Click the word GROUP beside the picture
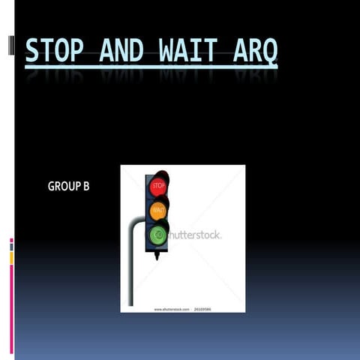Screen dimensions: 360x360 pyautogui.click(x=63, y=186)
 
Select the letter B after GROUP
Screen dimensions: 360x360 pyautogui.click(x=85, y=186)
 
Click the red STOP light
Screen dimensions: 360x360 pyautogui.click(x=158, y=185)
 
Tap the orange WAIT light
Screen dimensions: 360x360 pyautogui.click(x=158, y=210)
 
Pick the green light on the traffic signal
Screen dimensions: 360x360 pyautogui.click(x=158, y=235)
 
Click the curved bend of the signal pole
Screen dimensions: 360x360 pyautogui.click(x=133, y=223)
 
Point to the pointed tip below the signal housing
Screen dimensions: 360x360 pyautogui.click(x=157, y=257)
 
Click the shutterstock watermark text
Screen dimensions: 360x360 pyautogui.click(x=193, y=235)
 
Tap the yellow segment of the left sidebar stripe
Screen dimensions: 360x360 pyautogui.click(x=11, y=257)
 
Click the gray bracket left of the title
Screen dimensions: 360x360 pyautogui.click(x=10, y=44)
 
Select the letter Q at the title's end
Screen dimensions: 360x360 pyautogui.click(x=269, y=51)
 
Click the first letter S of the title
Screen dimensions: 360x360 pyautogui.click(x=31, y=50)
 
